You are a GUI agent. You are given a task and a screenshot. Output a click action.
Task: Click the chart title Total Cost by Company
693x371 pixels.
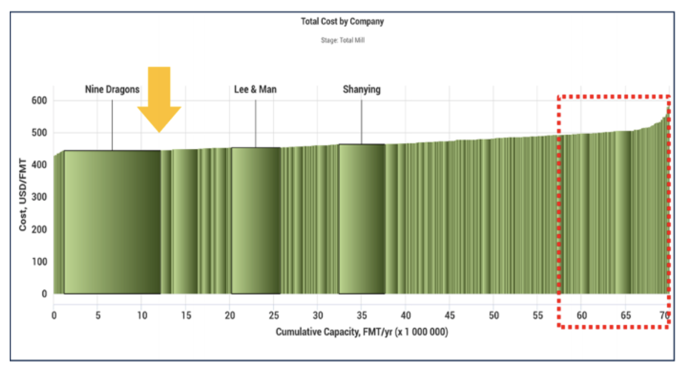point(342,22)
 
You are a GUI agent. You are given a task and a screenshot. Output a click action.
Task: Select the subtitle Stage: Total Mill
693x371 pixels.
point(342,41)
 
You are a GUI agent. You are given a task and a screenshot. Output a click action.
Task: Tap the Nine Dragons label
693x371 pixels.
point(112,90)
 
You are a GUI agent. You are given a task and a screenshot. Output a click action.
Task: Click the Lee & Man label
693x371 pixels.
point(256,90)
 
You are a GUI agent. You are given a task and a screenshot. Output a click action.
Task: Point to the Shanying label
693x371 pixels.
point(361,89)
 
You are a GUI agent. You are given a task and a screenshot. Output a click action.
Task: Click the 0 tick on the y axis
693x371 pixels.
point(43,294)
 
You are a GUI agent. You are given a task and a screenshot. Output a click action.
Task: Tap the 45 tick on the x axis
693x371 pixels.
point(450,315)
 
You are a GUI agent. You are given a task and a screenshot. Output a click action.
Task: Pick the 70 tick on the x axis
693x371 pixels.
point(664,315)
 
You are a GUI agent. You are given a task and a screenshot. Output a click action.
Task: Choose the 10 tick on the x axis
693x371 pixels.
point(142,315)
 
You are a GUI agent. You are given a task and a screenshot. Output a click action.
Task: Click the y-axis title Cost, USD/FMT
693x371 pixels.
point(23,196)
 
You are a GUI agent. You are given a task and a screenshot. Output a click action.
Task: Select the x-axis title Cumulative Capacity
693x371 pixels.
point(361,332)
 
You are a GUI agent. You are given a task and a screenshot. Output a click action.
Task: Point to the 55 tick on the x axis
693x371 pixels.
point(538,315)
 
